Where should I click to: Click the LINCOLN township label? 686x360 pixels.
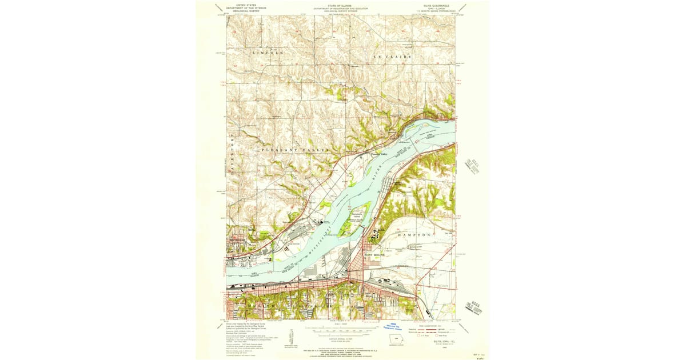coord(268,53)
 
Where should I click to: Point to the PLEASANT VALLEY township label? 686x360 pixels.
coord(296,150)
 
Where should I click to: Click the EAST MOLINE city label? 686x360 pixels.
coord(378,255)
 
